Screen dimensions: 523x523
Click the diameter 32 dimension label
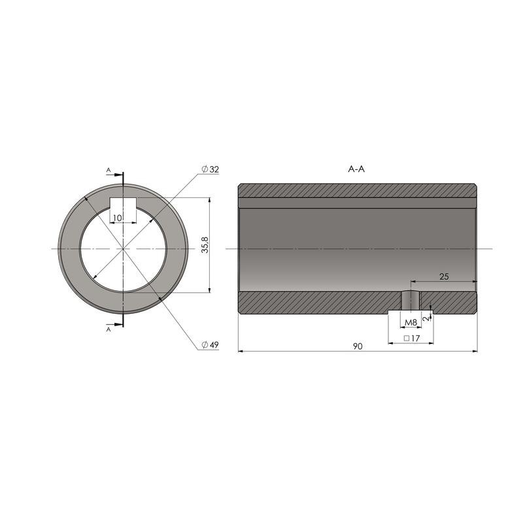pyautogui.click(x=210, y=169)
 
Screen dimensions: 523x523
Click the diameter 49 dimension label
pyautogui.click(x=210, y=345)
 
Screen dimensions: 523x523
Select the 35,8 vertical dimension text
pyautogui.click(x=205, y=245)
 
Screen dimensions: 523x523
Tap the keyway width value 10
pyautogui.click(x=118, y=218)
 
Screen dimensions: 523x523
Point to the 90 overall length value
pyautogui.click(x=358, y=346)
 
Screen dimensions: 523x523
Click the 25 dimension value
pyautogui.click(x=444, y=276)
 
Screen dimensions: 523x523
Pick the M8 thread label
pyautogui.click(x=411, y=322)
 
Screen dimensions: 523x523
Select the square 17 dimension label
pyautogui.click(x=412, y=338)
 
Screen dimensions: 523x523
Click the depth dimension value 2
pyautogui.click(x=426, y=318)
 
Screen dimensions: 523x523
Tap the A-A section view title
pyautogui.click(x=356, y=169)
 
